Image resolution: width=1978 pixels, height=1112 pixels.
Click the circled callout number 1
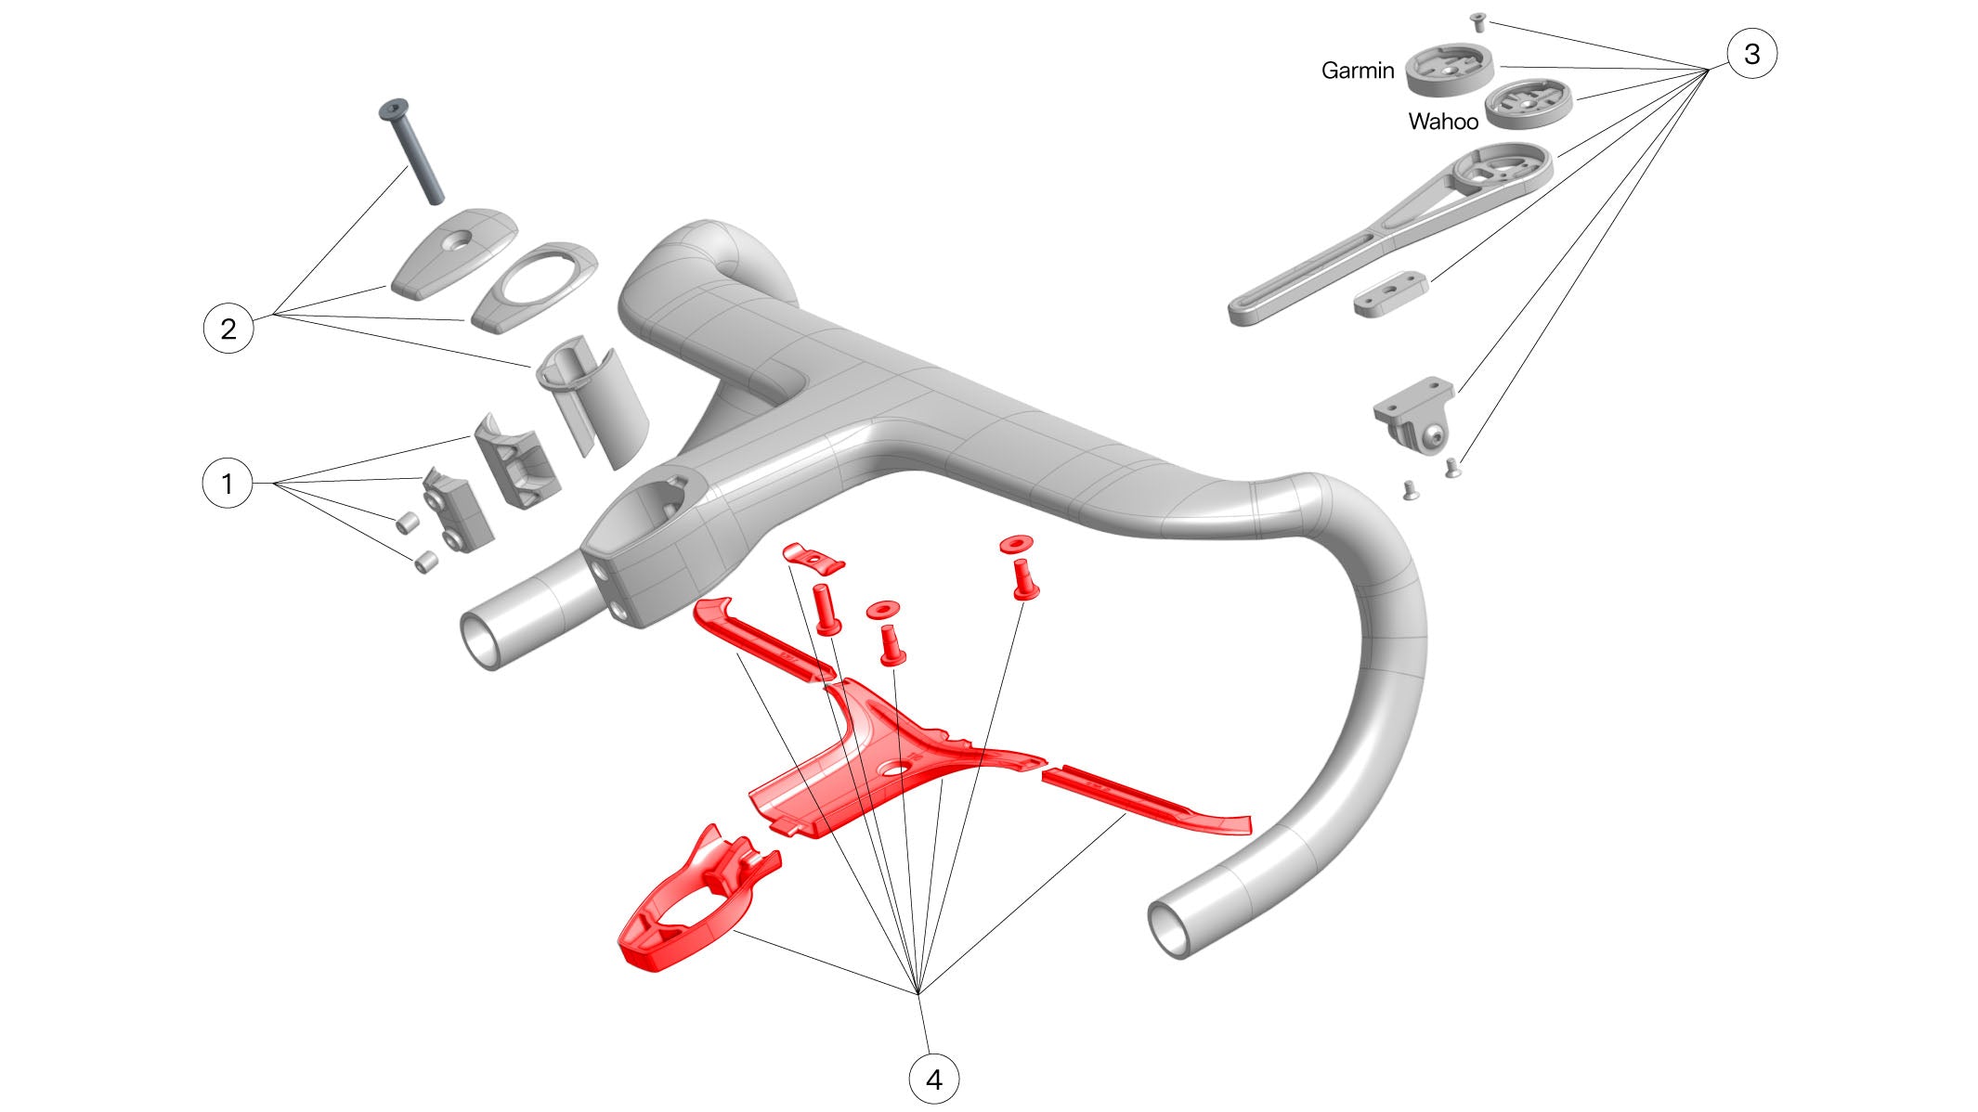(228, 483)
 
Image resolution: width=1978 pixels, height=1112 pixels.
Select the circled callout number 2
(228, 328)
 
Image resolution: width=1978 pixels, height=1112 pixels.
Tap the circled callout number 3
(1751, 53)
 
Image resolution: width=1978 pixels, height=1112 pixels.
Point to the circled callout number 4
(933, 1079)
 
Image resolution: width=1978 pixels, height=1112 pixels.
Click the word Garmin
(1358, 71)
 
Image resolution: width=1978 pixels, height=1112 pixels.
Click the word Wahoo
(1443, 122)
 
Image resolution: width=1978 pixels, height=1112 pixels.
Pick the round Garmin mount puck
(1450, 71)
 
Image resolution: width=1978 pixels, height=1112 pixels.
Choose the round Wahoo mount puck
(1529, 103)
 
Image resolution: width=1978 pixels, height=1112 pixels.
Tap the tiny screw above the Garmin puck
(1479, 21)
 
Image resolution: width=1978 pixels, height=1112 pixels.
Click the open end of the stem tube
(483, 640)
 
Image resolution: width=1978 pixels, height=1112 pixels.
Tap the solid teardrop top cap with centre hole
(453, 252)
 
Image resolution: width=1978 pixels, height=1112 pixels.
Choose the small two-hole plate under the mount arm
(1389, 294)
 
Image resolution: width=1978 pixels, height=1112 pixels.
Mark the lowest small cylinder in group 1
(425, 562)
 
